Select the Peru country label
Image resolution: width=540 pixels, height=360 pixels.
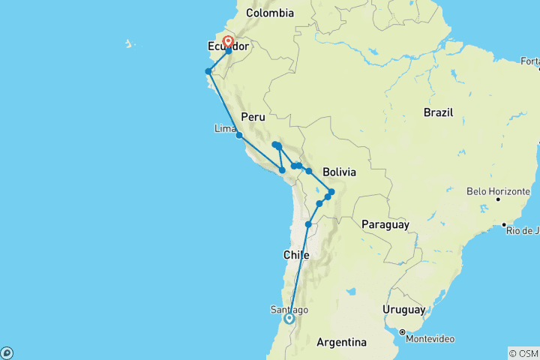[253, 117]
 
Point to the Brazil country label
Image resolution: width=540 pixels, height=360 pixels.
[439, 112]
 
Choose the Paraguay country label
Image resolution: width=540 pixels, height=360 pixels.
[385, 224]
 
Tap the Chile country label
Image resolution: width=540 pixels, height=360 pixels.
[296, 255]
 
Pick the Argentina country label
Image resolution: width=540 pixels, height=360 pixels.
[341, 342]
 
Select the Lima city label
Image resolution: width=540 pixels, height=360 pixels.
[225, 129]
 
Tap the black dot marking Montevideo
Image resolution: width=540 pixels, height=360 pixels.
[403, 332]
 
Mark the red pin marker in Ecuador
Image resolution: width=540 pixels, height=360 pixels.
[227, 43]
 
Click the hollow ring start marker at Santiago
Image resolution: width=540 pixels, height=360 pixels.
[289, 319]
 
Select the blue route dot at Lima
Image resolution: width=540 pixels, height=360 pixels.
[238, 135]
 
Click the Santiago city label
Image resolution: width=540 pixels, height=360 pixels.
[289, 310]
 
